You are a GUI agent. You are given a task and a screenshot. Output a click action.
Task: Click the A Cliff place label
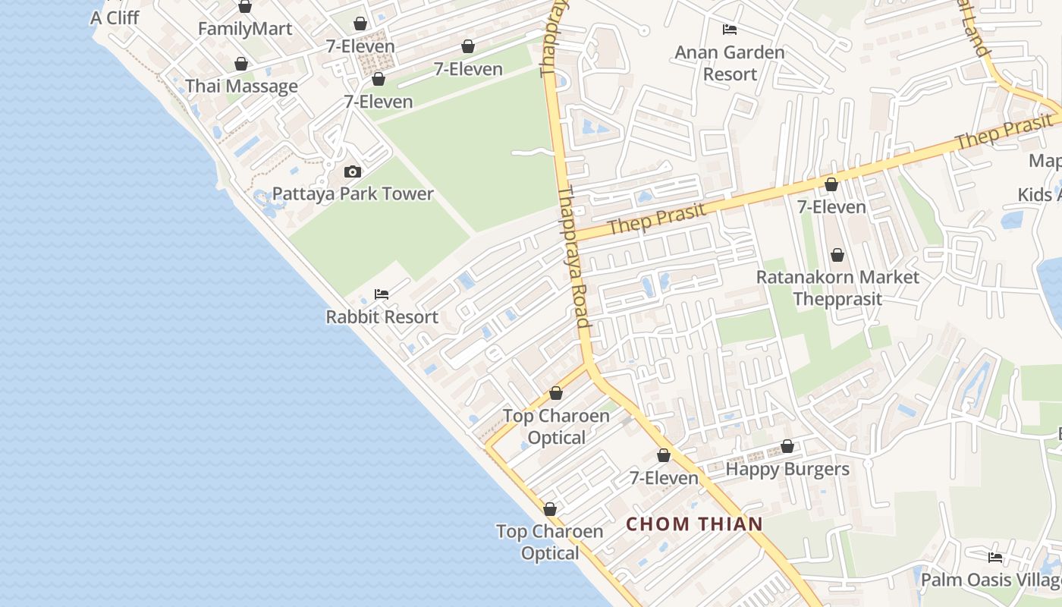click(115, 17)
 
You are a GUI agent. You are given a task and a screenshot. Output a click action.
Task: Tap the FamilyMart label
click(245, 29)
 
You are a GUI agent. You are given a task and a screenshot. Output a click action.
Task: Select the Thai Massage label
click(242, 86)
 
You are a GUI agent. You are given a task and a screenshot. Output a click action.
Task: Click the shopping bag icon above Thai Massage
click(241, 64)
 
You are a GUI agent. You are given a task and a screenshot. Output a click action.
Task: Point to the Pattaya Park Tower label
click(353, 193)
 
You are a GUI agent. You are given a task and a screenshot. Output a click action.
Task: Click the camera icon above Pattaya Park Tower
click(352, 172)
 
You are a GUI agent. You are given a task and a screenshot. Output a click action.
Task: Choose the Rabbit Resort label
click(382, 316)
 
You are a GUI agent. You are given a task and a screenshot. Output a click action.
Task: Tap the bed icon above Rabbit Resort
click(382, 294)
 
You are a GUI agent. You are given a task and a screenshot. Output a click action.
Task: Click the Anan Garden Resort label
click(730, 63)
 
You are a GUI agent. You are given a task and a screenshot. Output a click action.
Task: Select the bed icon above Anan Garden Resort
click(730, 30)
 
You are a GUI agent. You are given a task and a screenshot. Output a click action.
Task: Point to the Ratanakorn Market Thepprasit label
click(837, 288)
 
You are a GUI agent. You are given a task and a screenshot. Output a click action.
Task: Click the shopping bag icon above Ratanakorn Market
click(837, 255)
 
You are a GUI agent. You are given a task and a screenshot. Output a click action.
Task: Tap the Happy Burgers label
click(787, 468)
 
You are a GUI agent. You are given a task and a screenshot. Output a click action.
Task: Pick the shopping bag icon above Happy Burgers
click(787, 446)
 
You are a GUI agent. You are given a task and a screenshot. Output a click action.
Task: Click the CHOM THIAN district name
click(694, 524)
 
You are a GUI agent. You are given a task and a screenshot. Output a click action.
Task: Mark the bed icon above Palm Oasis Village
click(995, 558)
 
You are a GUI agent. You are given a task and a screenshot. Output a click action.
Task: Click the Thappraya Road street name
click(574, 258)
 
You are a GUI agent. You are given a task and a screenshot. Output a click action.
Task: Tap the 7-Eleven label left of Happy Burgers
click(664, 477)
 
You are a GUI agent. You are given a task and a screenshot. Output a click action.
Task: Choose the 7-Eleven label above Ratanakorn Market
click(831, 206)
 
